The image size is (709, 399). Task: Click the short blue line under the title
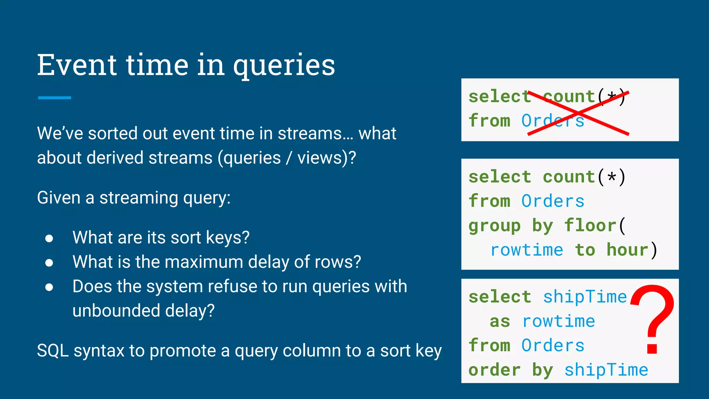click(x=54, y=98)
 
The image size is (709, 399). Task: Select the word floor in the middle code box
click(x=590, y=225)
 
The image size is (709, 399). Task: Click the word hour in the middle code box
click(x=627, y=250)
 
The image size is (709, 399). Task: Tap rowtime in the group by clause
click(x=527, y=250)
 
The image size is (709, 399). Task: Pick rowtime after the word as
click(x=558, y=321)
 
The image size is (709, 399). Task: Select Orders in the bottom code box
click(x=553, y=345)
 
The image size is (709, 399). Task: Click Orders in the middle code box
click(x=553, y=201)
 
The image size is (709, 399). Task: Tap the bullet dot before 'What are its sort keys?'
click(x=49, y=238)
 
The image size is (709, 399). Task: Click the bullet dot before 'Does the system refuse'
click(x=49, y=287)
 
